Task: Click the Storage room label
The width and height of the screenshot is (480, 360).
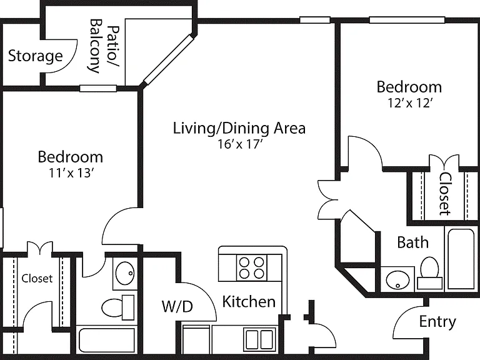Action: click(x=35, y=56)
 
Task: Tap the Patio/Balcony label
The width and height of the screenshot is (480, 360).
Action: click(x=104, y=46)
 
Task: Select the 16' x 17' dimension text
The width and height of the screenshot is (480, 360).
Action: click(x=240, y=144)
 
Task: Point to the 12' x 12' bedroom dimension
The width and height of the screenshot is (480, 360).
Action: click(x=410, y=103)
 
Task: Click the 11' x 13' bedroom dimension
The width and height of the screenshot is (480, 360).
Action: click(x=71, y=173)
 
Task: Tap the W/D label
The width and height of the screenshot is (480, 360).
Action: click(x=177, y=306)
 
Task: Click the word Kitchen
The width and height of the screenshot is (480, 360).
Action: click(x=249, y=301)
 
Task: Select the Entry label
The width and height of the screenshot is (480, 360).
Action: click(x=437, y=322)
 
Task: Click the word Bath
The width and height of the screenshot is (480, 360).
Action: click(x=412, y=242)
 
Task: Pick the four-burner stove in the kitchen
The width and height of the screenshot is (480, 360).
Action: click(x=251, y=267)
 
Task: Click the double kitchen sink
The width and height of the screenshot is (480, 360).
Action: click(x=259, y=339)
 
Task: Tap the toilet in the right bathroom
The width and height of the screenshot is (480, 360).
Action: click(x=429, y=273)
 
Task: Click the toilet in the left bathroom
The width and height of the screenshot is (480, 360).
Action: click(x=117, y=307)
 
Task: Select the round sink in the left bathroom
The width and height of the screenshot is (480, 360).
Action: click(x=125, y=273)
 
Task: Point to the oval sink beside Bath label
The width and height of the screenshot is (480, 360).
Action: click(x=397, y=280)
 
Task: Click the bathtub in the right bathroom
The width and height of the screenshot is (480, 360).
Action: click(x=461, y=259)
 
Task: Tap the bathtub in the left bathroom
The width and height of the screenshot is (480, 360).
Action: click(x=107, y=340)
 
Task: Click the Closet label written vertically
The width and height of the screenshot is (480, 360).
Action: click(x=445, y=194)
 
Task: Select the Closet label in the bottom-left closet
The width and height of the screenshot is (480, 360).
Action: click(x=37, y=278)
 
